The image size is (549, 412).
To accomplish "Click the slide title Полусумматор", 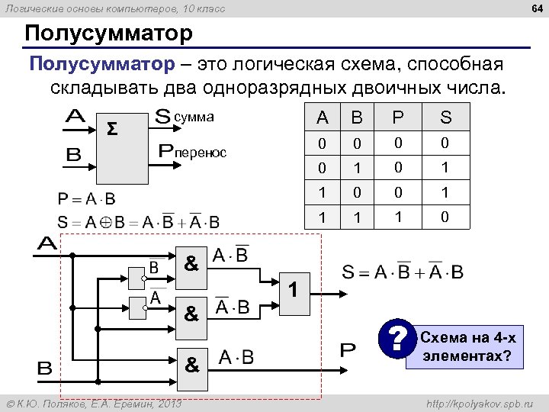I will tap(108, 34).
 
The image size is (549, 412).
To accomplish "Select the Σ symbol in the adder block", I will tap(111, 127).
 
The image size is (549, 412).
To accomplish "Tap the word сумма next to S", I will tap(194, 117).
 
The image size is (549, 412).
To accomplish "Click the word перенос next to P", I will tap(201, 153).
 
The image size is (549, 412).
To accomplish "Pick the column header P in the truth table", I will tap(397, 117).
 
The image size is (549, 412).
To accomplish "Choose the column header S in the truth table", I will tap(446, 117).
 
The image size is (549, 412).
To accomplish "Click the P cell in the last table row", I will tap(397, 217).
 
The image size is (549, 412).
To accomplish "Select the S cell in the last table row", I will tap(446, 217).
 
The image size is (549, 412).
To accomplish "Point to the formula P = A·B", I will tap(87, 199).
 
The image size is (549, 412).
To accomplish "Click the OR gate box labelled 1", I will tap(297, 291).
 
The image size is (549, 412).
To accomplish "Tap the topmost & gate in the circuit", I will tap(191, 264).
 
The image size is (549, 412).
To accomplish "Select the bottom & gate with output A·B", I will tap(191, 364).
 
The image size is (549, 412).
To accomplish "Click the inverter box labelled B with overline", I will tap(138, 269).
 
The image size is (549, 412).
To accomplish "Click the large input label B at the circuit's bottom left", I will tap(45, 368).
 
